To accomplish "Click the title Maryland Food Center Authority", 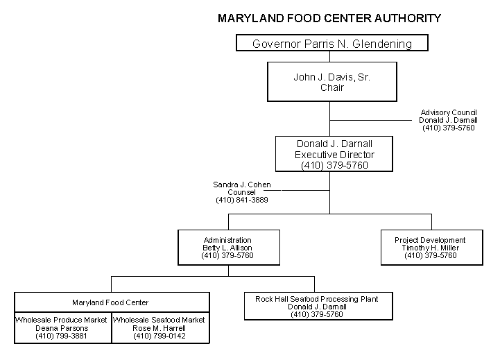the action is click(x=329, y=18).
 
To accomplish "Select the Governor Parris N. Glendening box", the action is click(x=332, y=43).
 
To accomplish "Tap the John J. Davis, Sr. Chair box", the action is click(x=332, y=82).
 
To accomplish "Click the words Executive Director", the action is click(x=334, y=155).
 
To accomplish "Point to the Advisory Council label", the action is click(x=449, y=112).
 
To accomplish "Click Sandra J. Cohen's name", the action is click(x=242, y=185).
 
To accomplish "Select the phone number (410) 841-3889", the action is click(x=242, y=200).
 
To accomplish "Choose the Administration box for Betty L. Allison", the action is click(x=229, y=248).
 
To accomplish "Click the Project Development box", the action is click(x=432, y=248).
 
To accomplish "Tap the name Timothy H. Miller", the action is click(x=430, y=248).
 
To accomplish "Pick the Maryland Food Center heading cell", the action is click(x=112, y=302).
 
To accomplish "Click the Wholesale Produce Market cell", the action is click(x=63, y=327).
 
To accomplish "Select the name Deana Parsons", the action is click(x=62, y=328).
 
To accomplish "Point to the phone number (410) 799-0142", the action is click(x=159, y=336).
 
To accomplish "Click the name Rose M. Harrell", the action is click(x=159, y=328).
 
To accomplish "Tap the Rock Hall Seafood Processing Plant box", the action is click(x=318, y=306).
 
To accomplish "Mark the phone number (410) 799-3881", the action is click(x=61, y=336).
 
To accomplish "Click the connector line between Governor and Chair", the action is click(x=329, y=56).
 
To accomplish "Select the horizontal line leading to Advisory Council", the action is click(x=370, y=120).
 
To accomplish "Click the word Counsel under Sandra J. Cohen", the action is click(x=241, y=192).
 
